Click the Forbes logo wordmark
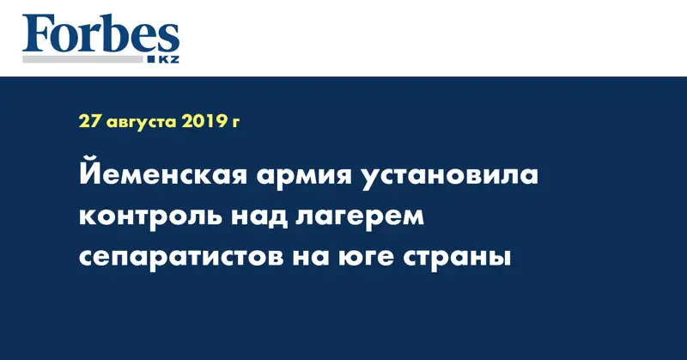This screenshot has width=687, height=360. [100, 34]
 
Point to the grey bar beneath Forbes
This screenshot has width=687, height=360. [82, 59]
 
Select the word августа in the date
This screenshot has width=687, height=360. [141, 123]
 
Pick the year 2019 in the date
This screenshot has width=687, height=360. [203, 121]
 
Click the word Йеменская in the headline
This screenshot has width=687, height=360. [163, 174]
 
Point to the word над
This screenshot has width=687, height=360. [259, 217]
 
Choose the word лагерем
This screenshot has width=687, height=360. [360, 217]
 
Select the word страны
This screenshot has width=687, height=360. [457, 258]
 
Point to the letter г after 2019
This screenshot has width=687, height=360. [234, 123]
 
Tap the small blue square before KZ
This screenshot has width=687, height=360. [152, 59]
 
